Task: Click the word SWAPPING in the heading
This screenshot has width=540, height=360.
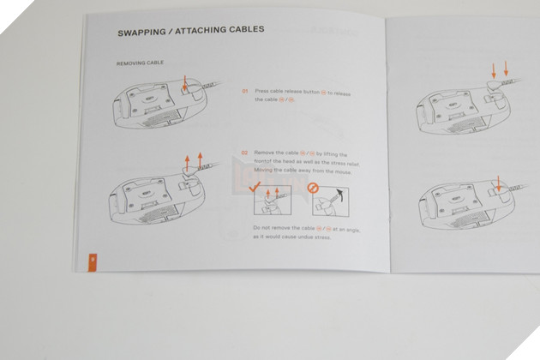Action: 139,33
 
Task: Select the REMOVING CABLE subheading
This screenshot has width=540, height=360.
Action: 140,63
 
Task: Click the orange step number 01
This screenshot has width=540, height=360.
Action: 244,90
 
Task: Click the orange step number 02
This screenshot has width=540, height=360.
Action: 244,152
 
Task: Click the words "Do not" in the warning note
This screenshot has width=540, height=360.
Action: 261,227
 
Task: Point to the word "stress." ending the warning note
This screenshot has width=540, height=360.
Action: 321,237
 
